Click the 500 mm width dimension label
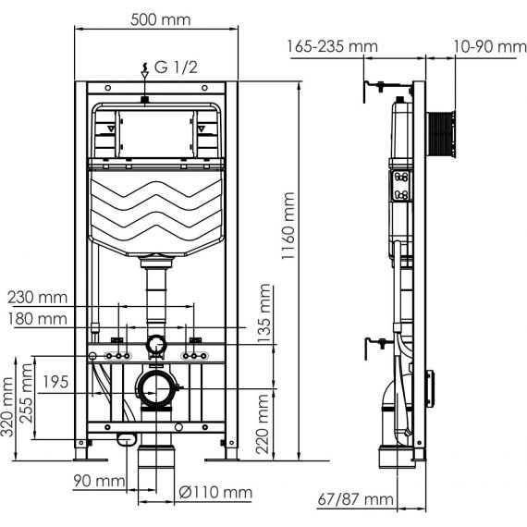(x=160, y=19)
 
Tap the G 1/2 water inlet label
(x=176, y=67)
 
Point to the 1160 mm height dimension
(x=288, y=226)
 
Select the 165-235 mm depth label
(x=332, y=46)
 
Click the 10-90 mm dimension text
(x=490, y=46)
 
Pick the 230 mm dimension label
(x=38, y=298)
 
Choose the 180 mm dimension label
(x=38, y=319)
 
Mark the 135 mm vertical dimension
(x=264, y=313)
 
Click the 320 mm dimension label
(x=7, y=406)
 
